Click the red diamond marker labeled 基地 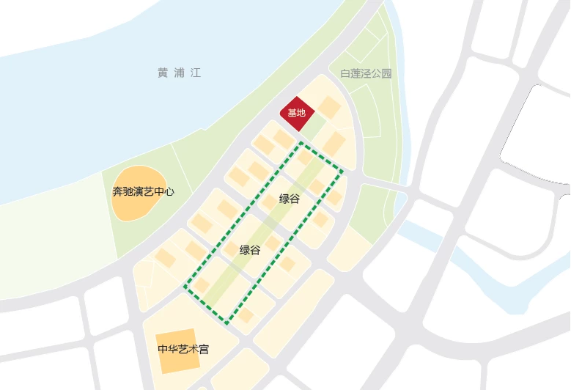point(297,114)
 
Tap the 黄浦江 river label point(178,73)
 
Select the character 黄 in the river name point(162,73)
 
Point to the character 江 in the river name point(194,73)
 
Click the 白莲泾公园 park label point(366,73)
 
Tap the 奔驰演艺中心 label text point(143,192)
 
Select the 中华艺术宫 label point(183,349)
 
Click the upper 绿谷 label point(290,199)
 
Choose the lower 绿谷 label point(250,250)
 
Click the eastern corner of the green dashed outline point(343,172)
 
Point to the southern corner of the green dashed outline point(227,323)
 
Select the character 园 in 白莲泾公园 point(387,73)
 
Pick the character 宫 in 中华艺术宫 point(204,349)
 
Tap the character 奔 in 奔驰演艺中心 point(117,192)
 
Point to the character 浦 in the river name point(178,73)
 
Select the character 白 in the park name point(345,73)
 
